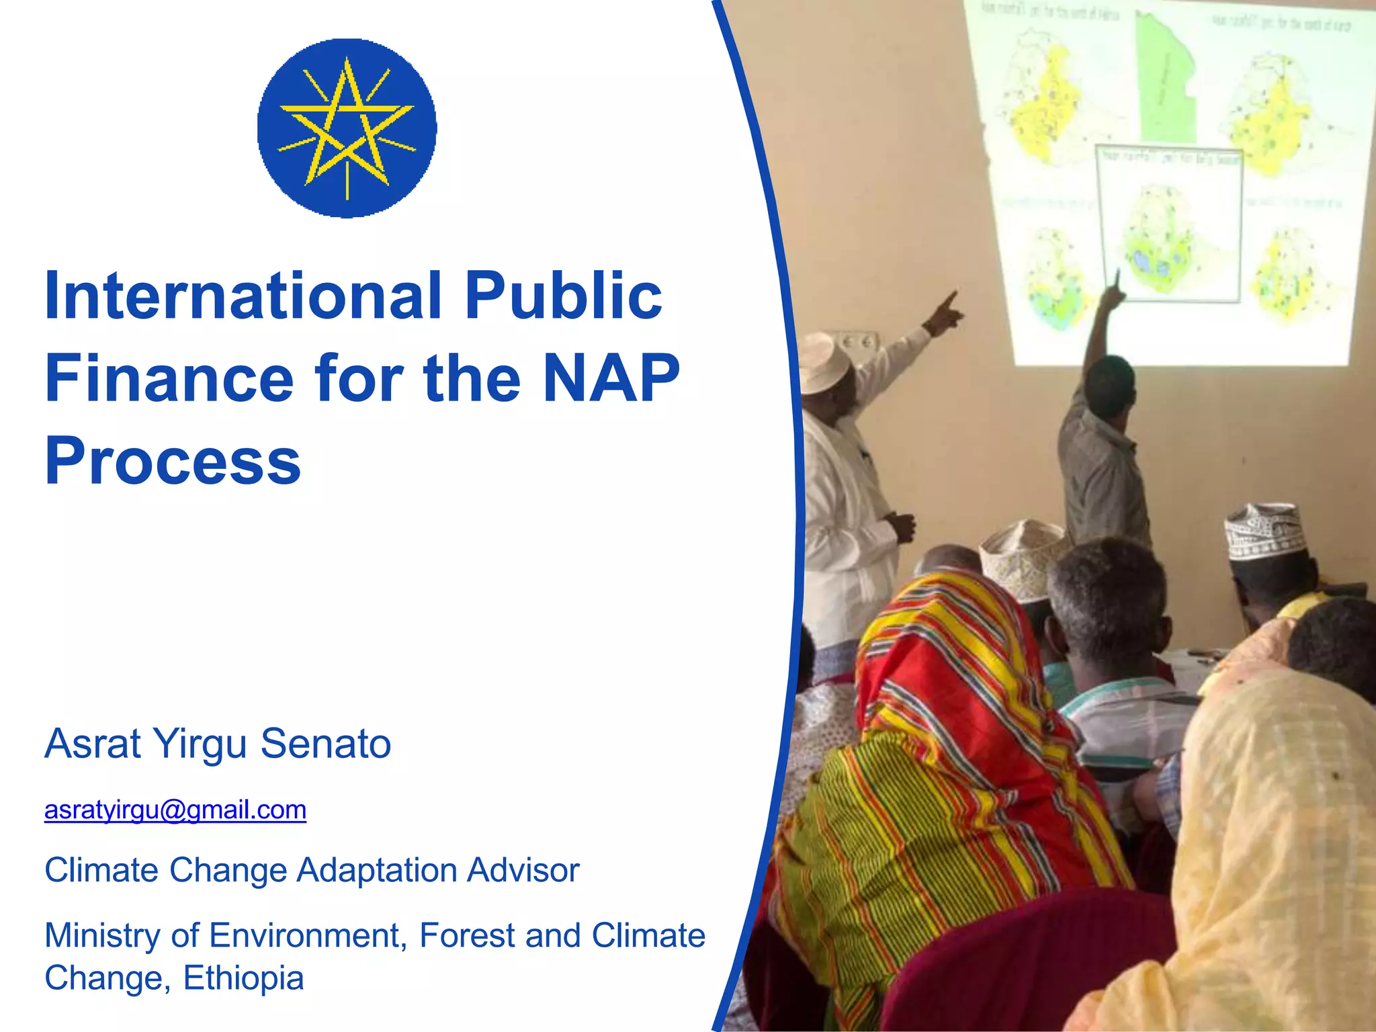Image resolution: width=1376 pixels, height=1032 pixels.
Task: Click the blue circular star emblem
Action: click(347, 128)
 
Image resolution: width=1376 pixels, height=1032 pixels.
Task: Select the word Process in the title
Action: click(173, 461)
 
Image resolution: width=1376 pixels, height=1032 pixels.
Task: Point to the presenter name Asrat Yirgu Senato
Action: click(218, 744)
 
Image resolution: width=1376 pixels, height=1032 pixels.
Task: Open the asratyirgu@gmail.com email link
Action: click(175, 810)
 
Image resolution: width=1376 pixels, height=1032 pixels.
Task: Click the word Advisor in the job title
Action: click(523, 870)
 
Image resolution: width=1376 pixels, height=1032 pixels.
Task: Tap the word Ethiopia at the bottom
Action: click(243, 978)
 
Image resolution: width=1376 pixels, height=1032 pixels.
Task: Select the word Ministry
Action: click(101, 935)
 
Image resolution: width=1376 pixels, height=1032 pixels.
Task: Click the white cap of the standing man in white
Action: click(825, 363)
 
